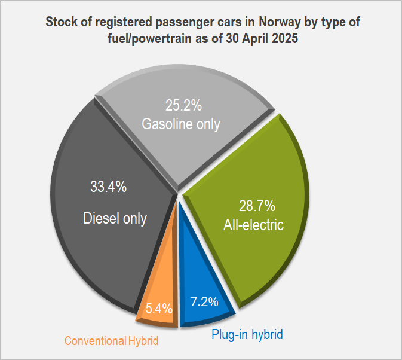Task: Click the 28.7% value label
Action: (257, 206)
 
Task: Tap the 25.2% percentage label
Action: (183, 106)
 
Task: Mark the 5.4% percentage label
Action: (159, 309)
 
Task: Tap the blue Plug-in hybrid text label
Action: (247, 334)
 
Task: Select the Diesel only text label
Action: (115, 218)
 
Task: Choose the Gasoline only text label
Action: (180, 124)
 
